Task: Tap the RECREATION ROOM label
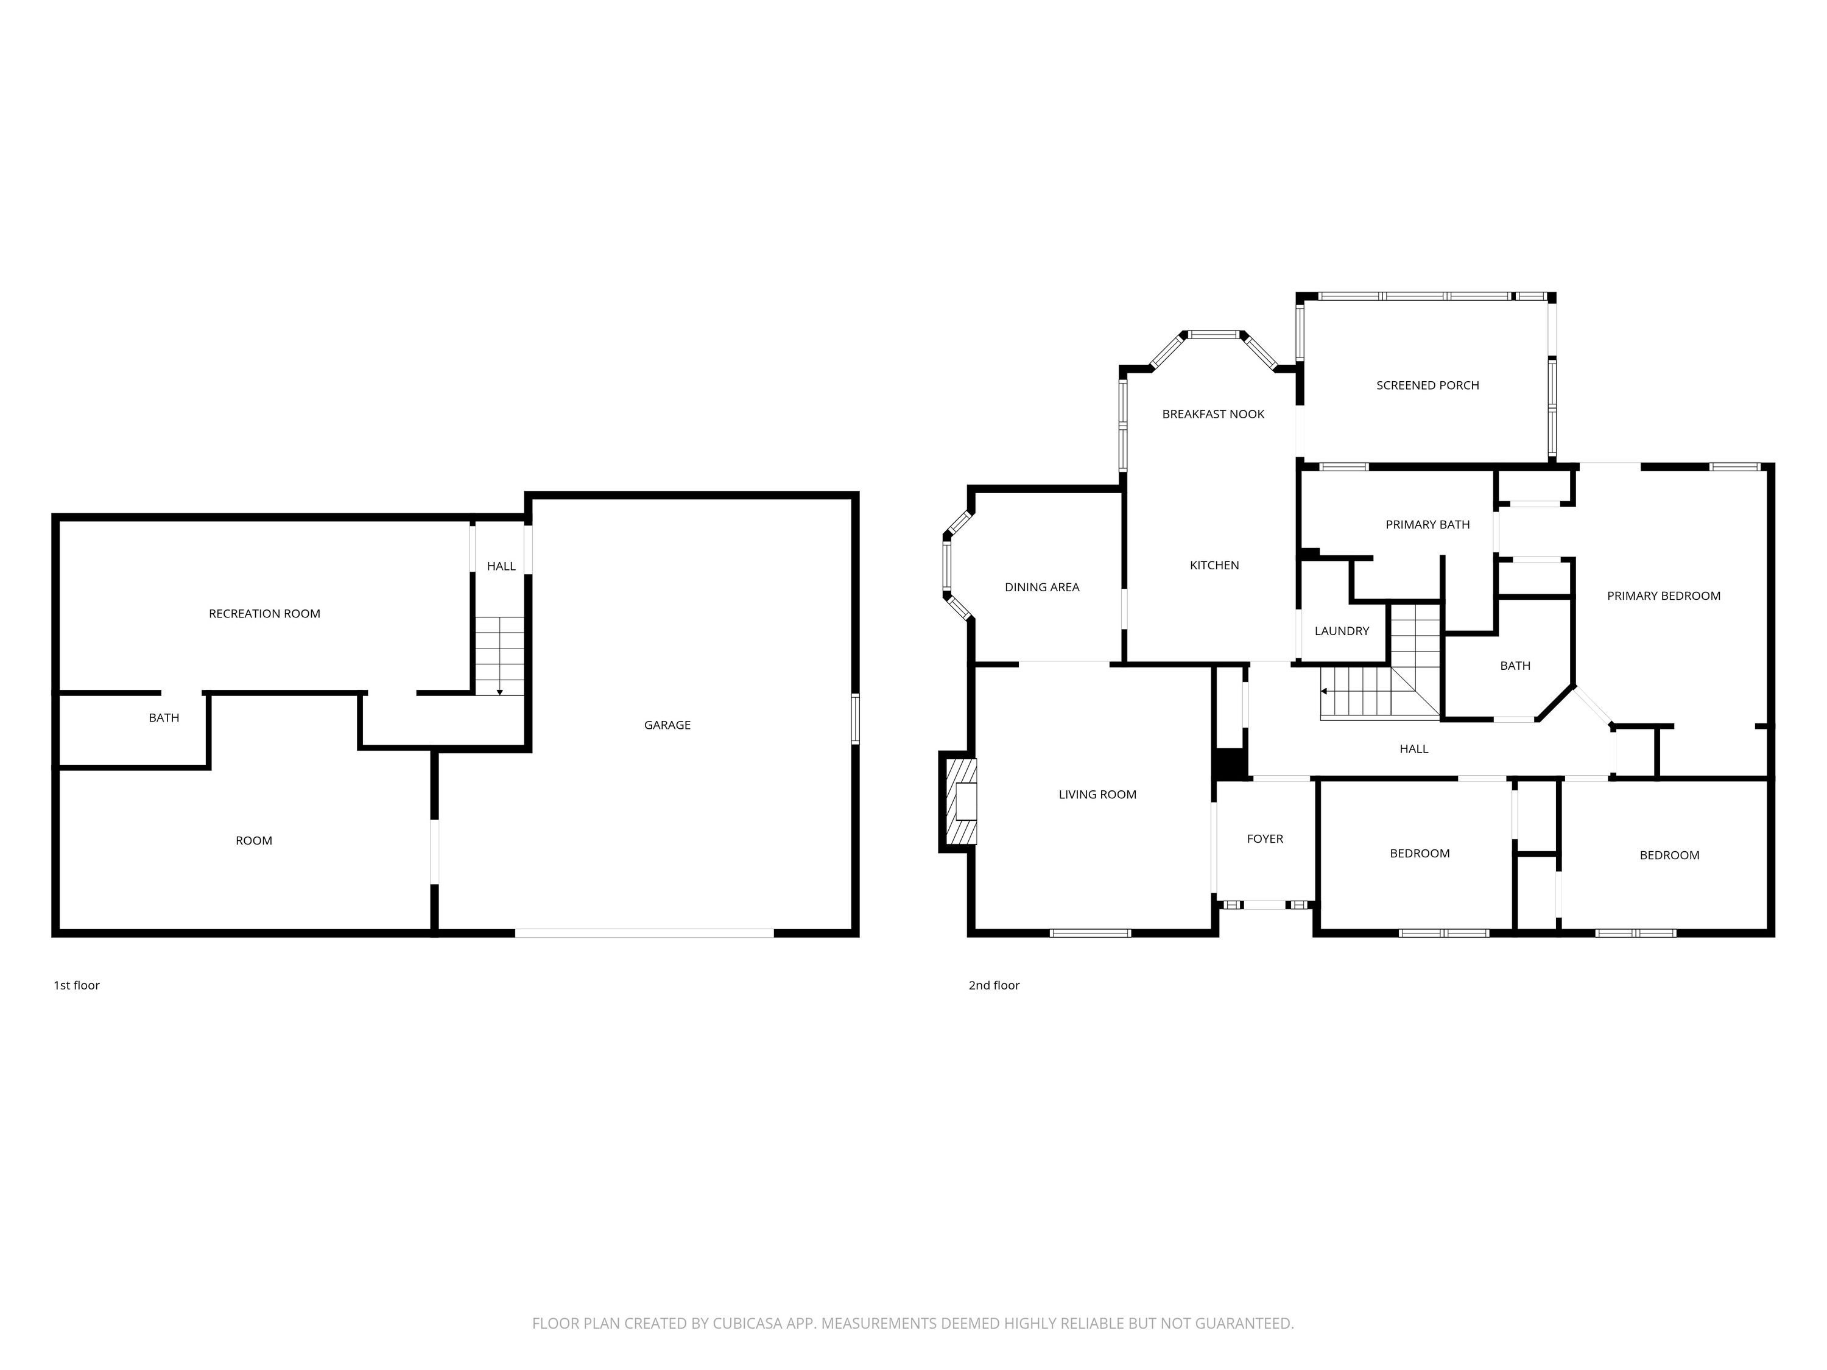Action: coord(264,614)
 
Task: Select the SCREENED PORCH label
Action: coord(1427,385)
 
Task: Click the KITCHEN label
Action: coord(1214,566)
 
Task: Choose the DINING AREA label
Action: coord(1041,587)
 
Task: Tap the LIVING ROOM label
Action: coord(1097,795)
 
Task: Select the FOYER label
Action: coord(1264,839)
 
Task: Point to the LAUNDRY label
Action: coord(1342,631)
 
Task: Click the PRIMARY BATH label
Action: coord(1427,524)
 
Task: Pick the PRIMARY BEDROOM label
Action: coord(1663,596)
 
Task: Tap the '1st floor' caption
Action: coord(77,985)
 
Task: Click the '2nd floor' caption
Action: coord(994,985)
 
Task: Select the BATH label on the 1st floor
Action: coord(164,718)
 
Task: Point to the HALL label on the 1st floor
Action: coord(501,566)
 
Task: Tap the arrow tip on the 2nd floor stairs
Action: coord(1322,691)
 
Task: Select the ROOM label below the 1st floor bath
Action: coord(253,841)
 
